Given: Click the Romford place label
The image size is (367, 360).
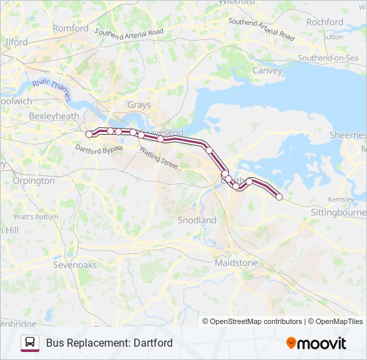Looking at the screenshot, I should (71, 29).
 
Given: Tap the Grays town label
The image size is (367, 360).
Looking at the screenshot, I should (139, 105).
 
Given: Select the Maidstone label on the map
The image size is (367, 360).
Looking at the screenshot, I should (236, 263).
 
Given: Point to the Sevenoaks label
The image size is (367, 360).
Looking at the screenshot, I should (75, 265).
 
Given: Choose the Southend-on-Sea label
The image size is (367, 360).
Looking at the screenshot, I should (328, 58).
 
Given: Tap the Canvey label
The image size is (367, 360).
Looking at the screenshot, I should (266, 71).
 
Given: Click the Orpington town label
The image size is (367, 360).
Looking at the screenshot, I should (33, 181).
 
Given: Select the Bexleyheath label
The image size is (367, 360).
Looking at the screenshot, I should (54, 116).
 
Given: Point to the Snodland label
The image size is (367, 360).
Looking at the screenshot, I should (197, 220).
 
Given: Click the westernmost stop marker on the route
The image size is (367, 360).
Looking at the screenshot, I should (89, 134).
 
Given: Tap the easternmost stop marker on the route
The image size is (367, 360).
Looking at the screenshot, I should (279, 197).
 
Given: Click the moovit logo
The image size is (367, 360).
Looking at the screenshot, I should (316, 343).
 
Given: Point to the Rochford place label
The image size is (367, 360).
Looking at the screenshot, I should (325, 22).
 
